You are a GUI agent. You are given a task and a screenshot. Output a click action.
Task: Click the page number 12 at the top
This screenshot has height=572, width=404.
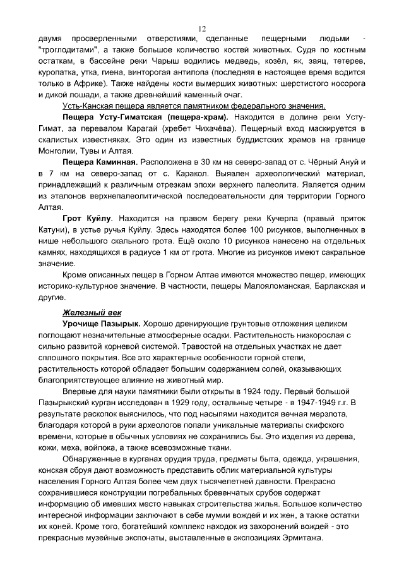click(202, 28)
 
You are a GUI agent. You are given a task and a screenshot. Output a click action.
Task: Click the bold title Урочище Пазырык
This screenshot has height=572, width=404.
click(102, 324)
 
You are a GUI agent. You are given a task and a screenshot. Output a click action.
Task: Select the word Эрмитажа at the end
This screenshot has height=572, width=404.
click(299, 537)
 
